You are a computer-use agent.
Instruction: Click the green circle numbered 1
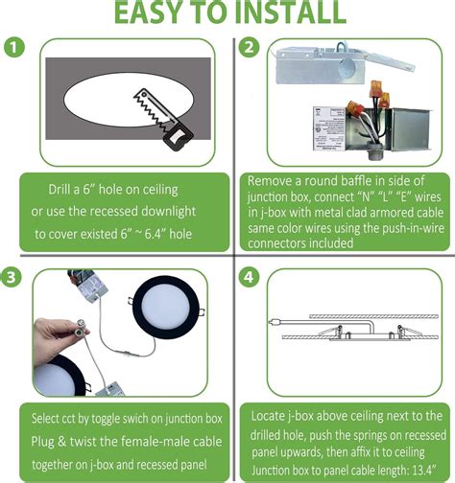click(14, 48)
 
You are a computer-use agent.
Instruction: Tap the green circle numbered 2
click(250, 47)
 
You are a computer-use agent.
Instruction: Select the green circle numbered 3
click(12, 277)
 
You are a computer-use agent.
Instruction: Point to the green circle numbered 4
click(250, 277)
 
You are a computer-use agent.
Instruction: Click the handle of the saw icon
click(179, 137)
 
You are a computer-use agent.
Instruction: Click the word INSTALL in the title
click(290, 12)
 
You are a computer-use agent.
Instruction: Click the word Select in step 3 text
click(43, 418)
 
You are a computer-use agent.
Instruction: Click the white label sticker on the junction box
click(328, 128)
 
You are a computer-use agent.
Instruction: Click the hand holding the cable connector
click(55, 338)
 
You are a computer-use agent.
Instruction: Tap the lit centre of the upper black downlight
click(165, 307)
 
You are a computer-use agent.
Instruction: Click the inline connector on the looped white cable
click(123, 353)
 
